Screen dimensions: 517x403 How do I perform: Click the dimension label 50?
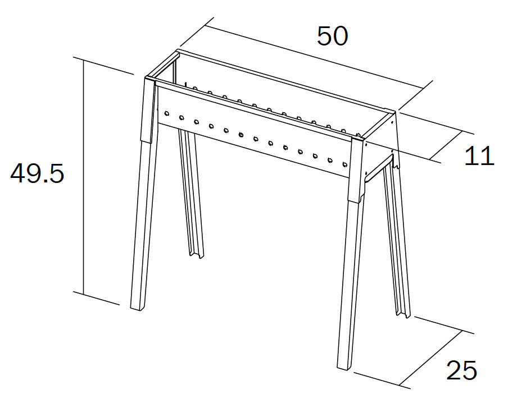(x=332, y=36)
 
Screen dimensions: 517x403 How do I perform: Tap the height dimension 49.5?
(x=37, y=173)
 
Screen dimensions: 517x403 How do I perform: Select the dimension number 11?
(x=479, y=156)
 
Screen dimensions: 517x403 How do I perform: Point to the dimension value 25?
(x=461, y=370)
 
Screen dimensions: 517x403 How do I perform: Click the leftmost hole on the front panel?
(x=166, y=113)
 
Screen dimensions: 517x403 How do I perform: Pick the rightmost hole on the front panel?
(x=345, y=164)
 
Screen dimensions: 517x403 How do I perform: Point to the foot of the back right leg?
(x=403, y=314)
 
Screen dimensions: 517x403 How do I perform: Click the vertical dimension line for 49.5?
(x=83, y=177)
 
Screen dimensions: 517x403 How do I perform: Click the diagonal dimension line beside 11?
(x=446, y=145)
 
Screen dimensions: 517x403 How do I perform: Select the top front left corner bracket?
(x=148, y=111)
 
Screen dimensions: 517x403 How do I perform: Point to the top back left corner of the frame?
(x=178, y=51)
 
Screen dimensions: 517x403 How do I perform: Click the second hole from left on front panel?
(x=182, y=117)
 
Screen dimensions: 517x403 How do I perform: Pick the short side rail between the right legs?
(x=379, y=168)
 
